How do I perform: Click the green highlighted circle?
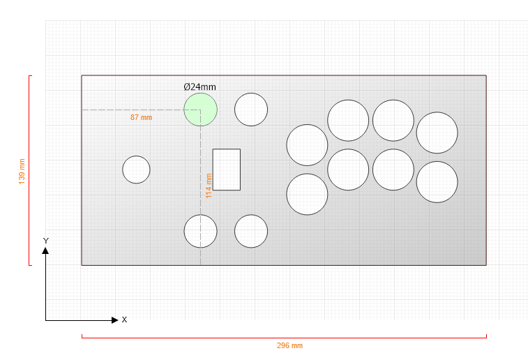[x=200, y=110]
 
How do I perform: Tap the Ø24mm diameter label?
[x=199, y=87]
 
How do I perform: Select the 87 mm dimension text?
[x=141, y=117]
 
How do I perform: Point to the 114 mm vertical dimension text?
[x=209, y=186]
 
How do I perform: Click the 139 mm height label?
[x=22, y=172]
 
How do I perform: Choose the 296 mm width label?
[x=289, y=345]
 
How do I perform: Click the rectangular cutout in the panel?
[x=226, y=170]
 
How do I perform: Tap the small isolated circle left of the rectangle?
[x=136, y=170]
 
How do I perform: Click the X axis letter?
[x=124, y=320]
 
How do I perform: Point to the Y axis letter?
[x=46, y=241]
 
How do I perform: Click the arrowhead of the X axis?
[x=115, y=320]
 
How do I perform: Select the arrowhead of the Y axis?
[x=45, y=250]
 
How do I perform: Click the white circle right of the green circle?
[x=251, y=110]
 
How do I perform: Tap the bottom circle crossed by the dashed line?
[x=200, y=231]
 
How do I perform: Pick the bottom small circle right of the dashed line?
[x=251, y=231]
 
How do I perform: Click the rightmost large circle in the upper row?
[x=437, y=133]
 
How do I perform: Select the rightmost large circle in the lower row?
[x=437, y=182]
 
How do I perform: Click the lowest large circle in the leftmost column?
[x=307, y=195]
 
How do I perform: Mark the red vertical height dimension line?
[x=29, y=170]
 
